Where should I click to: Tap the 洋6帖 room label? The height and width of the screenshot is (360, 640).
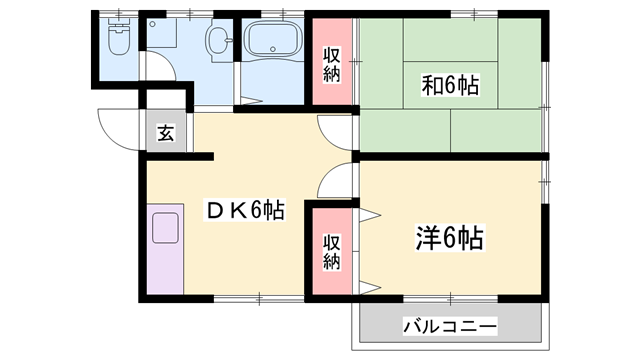coord(449,238)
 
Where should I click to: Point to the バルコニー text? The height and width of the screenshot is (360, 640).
coord(450,327)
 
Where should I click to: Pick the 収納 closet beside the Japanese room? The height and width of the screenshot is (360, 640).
coord(331,62)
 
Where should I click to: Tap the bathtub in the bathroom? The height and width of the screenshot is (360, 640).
coord(271,42)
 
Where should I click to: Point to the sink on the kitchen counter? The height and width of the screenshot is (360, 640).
coord(165,228)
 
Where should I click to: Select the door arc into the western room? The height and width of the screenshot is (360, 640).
coord(335,180)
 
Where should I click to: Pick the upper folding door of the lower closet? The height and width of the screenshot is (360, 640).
coord(368,214)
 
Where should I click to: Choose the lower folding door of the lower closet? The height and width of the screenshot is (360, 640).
coord(368,288)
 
